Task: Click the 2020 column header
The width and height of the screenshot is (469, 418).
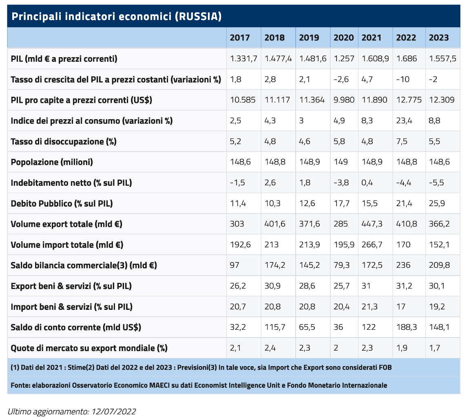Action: (343, 38)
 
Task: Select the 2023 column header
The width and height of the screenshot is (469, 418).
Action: (439, 38)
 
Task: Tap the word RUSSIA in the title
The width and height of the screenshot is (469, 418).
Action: (198, 16)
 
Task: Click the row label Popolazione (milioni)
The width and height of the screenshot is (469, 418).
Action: (52, 162)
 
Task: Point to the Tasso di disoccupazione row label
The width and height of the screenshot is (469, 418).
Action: (63, 141)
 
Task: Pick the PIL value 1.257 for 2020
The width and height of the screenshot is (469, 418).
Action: (344, 58)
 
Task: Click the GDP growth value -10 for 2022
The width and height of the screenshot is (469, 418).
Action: (403, 79)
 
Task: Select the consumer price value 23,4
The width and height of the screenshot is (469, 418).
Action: (404, 121)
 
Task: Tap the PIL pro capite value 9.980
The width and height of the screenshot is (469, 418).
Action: (344, 100)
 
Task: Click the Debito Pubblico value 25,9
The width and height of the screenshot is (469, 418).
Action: (437, 204)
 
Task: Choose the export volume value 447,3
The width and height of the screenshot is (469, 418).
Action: (372, 224)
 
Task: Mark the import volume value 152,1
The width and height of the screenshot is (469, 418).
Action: (439, 245)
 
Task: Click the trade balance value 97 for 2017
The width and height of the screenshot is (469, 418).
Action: (234, 265)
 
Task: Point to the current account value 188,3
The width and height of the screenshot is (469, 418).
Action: (407, 327)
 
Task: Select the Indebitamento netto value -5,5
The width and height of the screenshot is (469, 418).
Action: (436, 182)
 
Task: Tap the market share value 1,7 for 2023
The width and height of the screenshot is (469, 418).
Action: (434, 348)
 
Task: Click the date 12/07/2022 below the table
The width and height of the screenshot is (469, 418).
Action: (114, 411)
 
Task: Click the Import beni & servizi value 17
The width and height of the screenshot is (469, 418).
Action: (401, 307)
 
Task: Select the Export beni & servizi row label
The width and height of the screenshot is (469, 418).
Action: (71, 286)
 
